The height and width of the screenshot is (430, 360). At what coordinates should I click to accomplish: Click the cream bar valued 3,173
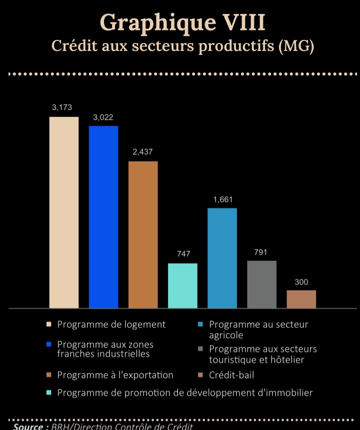(x=64, y=212)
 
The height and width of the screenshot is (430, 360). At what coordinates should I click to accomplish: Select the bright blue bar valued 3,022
(x=103, y=217)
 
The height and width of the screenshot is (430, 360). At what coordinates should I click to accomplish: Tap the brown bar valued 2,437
(x=143, y=234)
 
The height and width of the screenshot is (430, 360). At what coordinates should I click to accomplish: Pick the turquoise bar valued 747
(x=182, y=285)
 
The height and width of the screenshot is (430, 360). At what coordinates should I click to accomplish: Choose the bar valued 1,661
(x=222, y=258)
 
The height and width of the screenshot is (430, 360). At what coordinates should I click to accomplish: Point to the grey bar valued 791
(x=261, y=284)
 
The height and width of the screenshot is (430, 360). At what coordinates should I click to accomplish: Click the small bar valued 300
(x=301, y=299)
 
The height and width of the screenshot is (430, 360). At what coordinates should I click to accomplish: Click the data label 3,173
(x=62, y=107)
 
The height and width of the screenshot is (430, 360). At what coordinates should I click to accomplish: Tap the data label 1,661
(x=222, y=200)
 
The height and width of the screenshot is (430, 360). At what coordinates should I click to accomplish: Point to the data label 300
(x=301, y=282)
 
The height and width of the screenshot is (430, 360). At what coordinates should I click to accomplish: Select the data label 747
(x=183, y=254)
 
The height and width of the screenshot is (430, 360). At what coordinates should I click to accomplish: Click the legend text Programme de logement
(x=111, y=325)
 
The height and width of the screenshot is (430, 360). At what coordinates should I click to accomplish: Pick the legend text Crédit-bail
(x=231, y=375)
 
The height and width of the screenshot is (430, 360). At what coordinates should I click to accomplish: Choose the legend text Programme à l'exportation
(x=115, y=375)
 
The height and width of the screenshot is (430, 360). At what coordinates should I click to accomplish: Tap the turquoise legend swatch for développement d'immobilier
(x=49, y=393)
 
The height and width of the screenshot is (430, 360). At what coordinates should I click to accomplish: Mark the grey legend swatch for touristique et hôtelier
(x=199, y=349)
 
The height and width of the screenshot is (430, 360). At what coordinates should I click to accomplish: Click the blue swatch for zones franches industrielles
(x=49, y=344)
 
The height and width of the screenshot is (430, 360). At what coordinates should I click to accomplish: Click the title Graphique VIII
(x=182, y=22)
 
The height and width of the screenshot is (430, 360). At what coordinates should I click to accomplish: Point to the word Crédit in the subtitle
(x=75, y=46)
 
